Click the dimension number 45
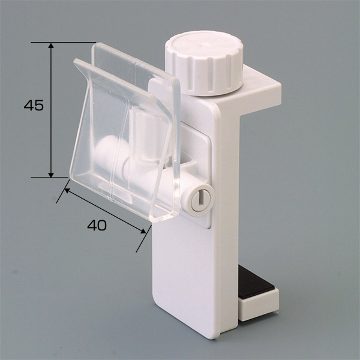(x=34, y=106)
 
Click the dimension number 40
(x=97, y=225)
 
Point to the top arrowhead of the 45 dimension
(x=51, y=45)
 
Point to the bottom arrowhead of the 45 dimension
(x=51, y=175)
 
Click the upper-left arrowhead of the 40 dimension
(x=67, y=190)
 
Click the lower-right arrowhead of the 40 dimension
(x=143, y=231)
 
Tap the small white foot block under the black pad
(x=259, y=304)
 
